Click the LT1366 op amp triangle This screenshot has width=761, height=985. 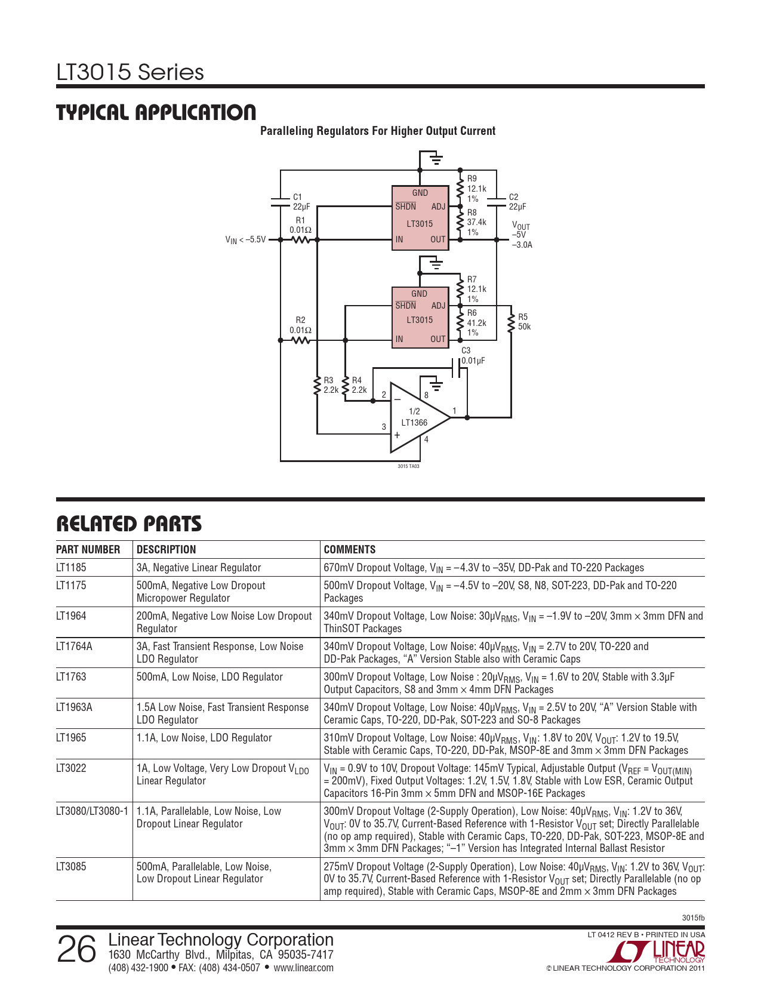(x=418, y=418)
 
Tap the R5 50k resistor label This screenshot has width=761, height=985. (x=524, y=322)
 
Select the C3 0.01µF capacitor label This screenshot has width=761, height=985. (x=473, y=356)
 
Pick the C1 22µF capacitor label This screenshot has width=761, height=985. (x=301, y=202)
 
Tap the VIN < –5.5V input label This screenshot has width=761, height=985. (x=245, y=240)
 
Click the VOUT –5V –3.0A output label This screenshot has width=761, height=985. (x=522, y=235)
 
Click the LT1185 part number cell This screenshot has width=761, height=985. (x=71, y=568)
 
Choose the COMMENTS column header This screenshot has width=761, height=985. (x=350, y=550)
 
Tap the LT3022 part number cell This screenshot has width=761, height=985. (x=71, y=768)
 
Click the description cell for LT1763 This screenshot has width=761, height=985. (x=209, y=677)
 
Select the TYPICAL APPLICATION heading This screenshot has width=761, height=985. (x=156, y=113)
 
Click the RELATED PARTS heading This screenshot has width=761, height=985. (x=129, y=524)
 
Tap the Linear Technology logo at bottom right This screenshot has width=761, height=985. (x=660, y=952)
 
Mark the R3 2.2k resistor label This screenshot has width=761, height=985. (x=331, y=385)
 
